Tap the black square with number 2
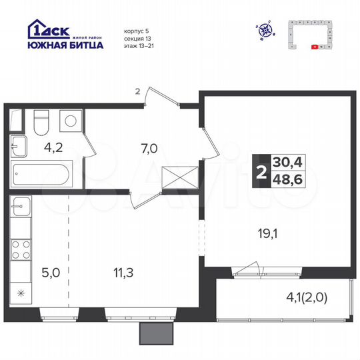point(259,171)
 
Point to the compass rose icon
point(265,29)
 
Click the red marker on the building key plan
point(314,47)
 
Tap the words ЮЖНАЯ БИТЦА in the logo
point(65,45)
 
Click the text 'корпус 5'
point(137,31)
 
